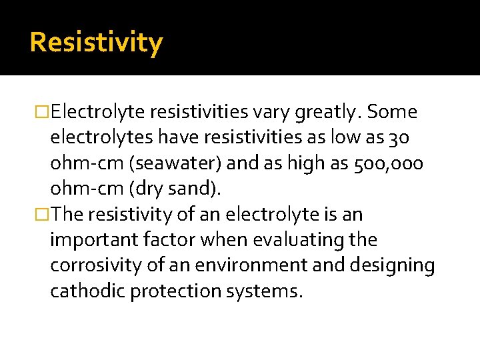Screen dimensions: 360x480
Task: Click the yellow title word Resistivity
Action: [96, 43]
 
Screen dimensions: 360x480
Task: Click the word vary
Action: [267, 112]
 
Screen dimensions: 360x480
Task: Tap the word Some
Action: [392, 112]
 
